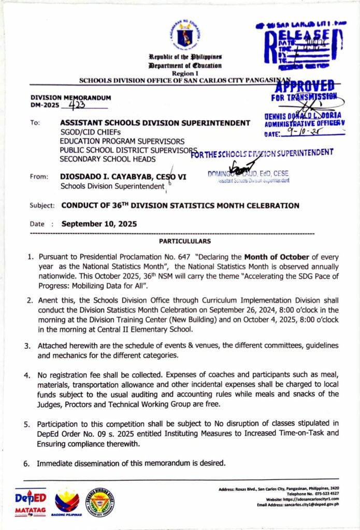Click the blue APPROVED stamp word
[306, 86]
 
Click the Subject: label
[42, 205]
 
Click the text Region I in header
[184, 73]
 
